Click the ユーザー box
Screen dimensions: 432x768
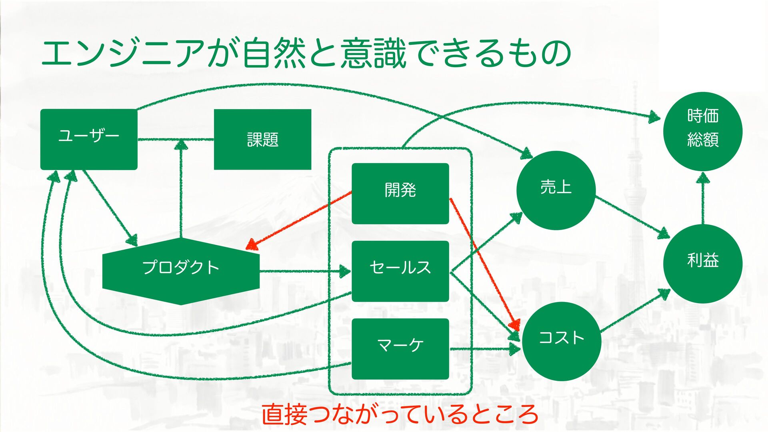click(x=89, y=139)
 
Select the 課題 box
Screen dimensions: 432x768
click(x=262, y=139)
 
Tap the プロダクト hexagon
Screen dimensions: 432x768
click(x=181, y=271)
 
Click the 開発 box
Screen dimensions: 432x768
click(x=400, y=193)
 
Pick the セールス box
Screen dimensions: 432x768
click(x=400, y=271)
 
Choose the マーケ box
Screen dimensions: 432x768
click(x=400, y=348)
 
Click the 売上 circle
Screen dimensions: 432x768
click(x=556, y=190)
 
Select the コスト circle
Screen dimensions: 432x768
click(x=561, y=341)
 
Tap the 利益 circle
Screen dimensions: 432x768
click(x=703, y=263)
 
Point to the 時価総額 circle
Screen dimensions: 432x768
click(x=703, y=131)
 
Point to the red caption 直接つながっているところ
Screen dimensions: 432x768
click(x=400, y=414)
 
